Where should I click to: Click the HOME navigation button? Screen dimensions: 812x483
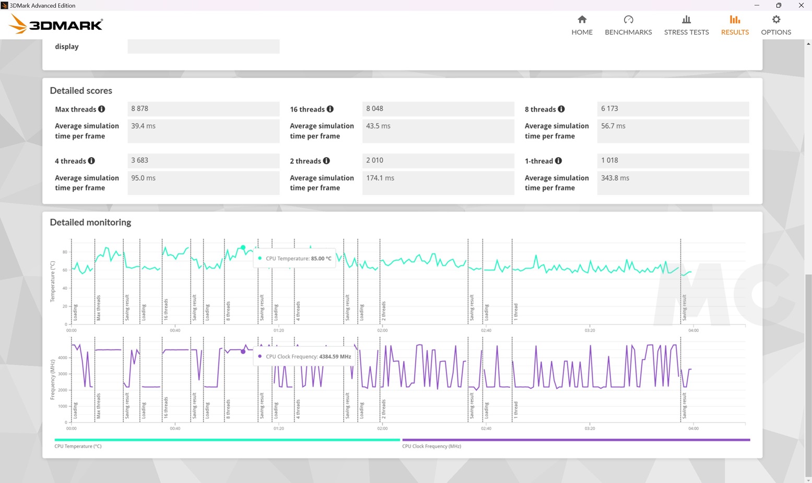(x=582, y=25)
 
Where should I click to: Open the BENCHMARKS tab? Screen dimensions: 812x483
(x=628, y=25)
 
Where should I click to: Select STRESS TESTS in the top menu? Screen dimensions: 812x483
(x=686, y=25)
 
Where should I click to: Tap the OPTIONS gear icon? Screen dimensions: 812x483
(x=776, y=20)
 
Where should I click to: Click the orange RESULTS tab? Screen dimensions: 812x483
(x=735, y=25)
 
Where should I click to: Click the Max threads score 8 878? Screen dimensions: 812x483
(x=139, y=109)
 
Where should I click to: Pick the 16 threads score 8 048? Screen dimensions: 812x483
(x=374, y=109)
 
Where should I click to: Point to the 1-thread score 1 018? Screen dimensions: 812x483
(x=609, y=160)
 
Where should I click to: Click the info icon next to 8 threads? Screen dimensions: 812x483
(x=561, y=109)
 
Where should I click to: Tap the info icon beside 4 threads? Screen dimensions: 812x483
(x=91, y=161)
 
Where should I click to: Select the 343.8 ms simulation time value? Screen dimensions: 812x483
(x=615, y=178)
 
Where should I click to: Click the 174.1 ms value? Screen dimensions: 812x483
(x=380, y=178)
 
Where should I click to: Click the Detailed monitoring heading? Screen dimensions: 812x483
(x=90, y=222)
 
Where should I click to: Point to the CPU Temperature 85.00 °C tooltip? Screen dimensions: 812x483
(x=295, y=258)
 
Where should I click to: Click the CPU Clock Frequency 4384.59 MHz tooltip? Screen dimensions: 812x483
(x=304, y=357)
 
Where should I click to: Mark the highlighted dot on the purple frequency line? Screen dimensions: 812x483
(x=243, y=351)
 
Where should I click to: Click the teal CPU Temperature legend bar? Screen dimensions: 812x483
(x=227, y=440)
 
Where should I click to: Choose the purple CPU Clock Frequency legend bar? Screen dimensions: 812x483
(x=576, y=440)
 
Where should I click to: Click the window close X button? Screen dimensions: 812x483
(x=801, y=5)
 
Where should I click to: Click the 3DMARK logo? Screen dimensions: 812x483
(x=55, y=24)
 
